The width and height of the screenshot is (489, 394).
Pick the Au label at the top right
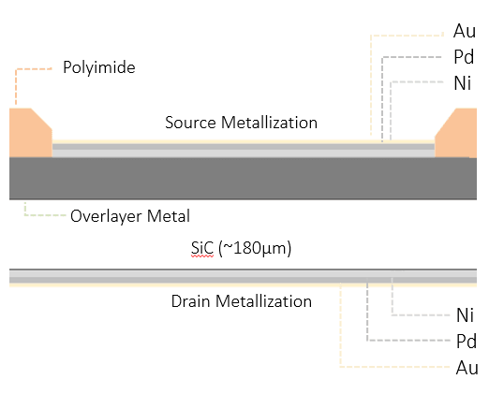464,32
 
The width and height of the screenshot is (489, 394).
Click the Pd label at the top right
464,57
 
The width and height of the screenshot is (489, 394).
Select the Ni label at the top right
463,82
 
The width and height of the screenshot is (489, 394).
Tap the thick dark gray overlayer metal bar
244,177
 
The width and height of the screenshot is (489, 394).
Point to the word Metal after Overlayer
170,216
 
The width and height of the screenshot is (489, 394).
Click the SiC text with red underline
202,249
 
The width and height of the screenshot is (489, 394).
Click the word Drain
191,301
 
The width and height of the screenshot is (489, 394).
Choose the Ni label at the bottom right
466,315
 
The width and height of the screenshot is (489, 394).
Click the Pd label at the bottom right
466,341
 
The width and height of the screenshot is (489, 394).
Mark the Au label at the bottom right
466,367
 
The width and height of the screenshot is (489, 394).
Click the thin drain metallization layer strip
244,278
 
